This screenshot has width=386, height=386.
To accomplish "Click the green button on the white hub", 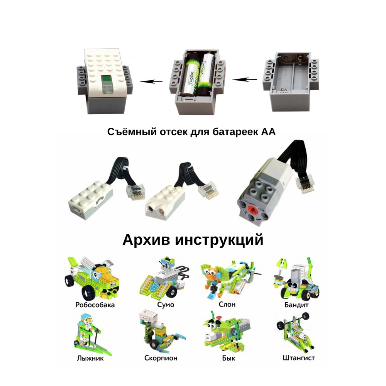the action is [107, 80].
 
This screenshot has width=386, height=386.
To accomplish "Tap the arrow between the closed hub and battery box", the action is [151, 81].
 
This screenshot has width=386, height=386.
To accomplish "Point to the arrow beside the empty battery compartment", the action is [244, 80].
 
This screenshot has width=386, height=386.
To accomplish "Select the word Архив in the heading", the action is [146, 240].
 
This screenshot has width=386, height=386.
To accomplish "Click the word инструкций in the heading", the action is [219, 240].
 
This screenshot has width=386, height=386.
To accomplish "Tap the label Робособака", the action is [95, 305].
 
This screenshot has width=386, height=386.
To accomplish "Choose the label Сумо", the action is [166, 305].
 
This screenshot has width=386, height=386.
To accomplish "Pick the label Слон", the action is [227, 305].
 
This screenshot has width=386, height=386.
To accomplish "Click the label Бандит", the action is [296, 305].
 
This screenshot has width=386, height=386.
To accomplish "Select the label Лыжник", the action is [90, 358].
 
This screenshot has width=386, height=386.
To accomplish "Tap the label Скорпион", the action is [161, 358].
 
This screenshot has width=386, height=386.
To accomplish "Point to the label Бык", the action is [229, 358].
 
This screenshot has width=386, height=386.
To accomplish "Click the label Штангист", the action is [299, 358].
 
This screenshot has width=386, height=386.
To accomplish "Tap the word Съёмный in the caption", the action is [132, 132].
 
